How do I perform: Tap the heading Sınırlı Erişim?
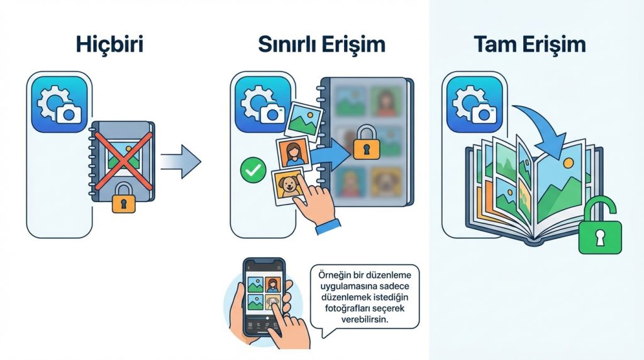[321, 45]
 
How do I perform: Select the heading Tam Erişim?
[530, 45]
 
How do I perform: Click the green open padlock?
[599, 230]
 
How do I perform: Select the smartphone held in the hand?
[264, 296]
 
